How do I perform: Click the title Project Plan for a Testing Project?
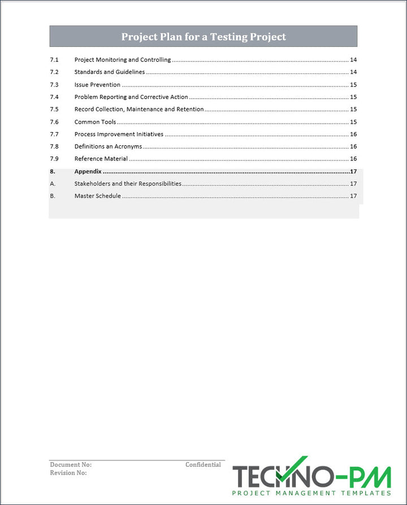point(203,37)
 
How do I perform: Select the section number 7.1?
point(54,60)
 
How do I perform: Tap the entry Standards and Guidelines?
point(110,72)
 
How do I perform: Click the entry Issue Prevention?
point(97,85)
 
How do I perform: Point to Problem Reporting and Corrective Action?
point(131,97)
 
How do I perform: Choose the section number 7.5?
point(54,110)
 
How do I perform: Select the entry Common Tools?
point(95,122)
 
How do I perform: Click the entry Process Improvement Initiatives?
point(119,134)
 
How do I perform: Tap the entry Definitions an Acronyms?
point(108,147)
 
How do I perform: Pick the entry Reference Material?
point(101,159)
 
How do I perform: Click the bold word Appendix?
point(88,171)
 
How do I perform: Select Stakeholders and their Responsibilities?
point(128,184)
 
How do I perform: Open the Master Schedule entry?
point(97,196)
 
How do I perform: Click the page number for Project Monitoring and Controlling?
point(353,60)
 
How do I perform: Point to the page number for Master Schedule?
point(353,196)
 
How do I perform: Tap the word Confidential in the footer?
point(203,465)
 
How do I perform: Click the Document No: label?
point(71,465)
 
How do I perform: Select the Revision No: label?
point(68,473)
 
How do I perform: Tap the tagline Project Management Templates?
point(311,493)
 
